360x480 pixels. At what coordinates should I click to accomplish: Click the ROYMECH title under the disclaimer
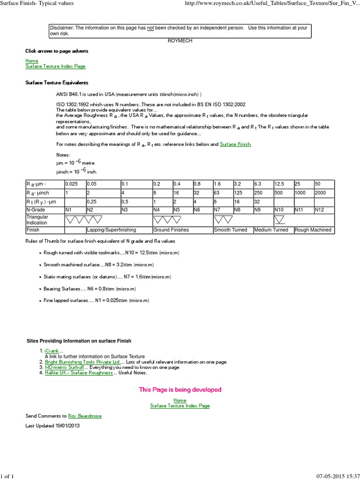(x=180, y=41)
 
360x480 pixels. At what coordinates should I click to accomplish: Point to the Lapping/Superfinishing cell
(x=112, y=230)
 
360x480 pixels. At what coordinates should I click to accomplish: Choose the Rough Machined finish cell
(x=314, y=230)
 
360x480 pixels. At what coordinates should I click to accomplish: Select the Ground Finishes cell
(x=171, y=230)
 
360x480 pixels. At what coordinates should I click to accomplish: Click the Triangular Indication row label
(x=37, y=220)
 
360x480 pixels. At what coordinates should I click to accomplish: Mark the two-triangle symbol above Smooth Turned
(x=223, y=219)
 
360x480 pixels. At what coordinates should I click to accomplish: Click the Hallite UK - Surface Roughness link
(x=79, y=373)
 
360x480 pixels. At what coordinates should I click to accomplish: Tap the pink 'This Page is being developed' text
(x=180, y=390)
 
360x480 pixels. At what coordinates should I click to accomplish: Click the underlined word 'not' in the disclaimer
(x=151, y=28)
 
